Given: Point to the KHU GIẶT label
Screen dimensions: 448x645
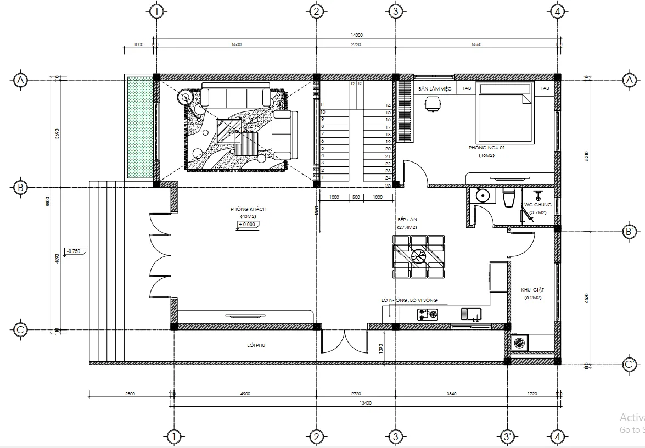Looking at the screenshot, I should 531,289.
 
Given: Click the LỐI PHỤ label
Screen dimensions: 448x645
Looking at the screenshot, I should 256,345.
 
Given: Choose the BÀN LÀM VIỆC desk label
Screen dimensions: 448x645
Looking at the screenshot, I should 435,88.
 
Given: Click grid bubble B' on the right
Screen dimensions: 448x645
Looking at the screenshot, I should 630,232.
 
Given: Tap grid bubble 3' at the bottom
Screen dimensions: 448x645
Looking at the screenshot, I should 507,437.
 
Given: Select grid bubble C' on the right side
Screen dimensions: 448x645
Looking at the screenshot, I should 630,364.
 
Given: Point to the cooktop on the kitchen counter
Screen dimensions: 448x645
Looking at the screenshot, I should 428,315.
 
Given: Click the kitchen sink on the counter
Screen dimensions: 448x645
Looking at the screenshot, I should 471,315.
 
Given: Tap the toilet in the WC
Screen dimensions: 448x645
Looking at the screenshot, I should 508,198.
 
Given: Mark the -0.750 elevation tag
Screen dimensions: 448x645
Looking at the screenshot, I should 72,251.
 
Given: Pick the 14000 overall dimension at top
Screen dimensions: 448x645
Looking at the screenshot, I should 357,35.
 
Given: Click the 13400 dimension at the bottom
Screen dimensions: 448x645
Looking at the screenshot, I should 365,402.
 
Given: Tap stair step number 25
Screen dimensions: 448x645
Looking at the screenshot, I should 388,186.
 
